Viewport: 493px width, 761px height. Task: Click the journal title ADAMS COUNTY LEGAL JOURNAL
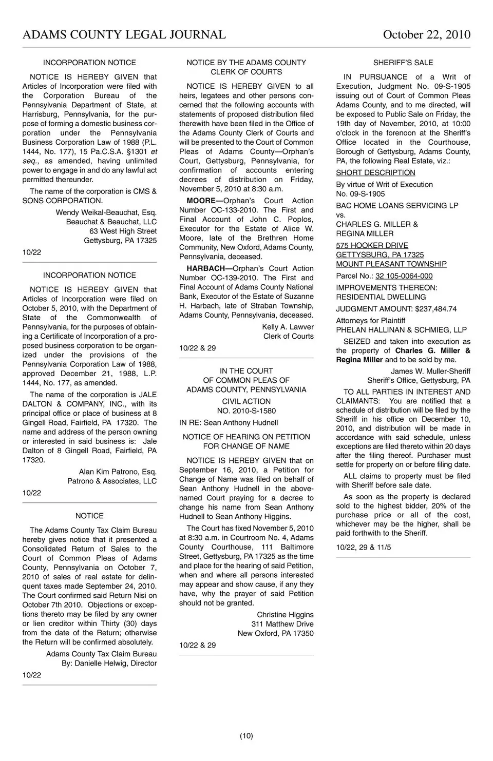124,35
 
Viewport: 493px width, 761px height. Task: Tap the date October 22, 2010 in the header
426,35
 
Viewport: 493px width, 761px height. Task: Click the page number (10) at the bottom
246,736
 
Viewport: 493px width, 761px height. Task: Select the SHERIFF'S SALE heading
403,63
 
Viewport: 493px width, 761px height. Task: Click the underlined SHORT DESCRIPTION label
375,173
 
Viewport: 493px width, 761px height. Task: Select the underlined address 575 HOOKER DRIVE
372,246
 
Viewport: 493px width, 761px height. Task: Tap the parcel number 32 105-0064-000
404,276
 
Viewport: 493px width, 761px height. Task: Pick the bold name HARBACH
205,268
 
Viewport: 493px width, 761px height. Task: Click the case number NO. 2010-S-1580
246,411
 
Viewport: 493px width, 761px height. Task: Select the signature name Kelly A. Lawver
288,327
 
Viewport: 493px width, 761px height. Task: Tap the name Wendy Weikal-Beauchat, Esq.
106,212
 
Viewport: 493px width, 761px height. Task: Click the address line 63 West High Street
123,231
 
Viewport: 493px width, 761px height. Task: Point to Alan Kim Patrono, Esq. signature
118,472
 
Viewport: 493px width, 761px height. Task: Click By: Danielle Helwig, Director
109,663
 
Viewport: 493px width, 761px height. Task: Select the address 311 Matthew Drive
282,624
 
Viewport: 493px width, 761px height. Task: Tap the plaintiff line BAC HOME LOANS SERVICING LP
397,206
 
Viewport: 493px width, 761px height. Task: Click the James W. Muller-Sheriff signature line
430,371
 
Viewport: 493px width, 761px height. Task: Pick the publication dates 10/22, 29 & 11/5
363,548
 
